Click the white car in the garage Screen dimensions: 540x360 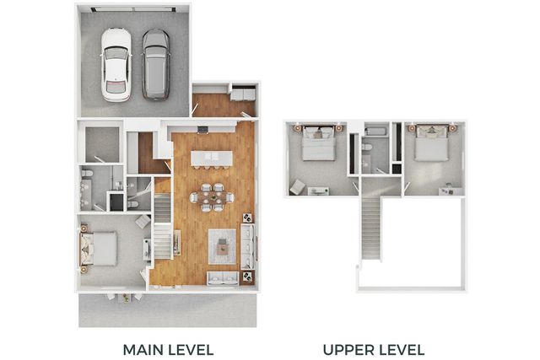click(x=116, y=65)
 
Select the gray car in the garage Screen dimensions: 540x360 click(x=155, y=65)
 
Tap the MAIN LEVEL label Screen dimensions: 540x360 click(x=168, y=350)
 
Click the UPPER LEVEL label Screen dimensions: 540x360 click(x=374, y=350)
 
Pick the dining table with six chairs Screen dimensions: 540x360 click(x=212, y=197)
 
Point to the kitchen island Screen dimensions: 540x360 click(x=212, y=159)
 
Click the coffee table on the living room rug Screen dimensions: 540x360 click(x=222, y=246)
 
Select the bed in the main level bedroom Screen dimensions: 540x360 click(x=99, y=249)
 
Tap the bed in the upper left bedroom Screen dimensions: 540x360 click(x=319, y=143)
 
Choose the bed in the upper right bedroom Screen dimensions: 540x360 click(x=431, y=143)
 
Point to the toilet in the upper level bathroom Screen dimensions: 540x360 click(x=367, y=148)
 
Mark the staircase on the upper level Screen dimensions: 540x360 click(x=370, y=227)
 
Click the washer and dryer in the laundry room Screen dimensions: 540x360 click(x=243, y=94)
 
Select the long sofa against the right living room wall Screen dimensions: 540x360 click(x=247, y=246)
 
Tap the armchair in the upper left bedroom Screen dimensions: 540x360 click(x=297, y=187)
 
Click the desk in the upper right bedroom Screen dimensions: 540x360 click(x=451, y=191)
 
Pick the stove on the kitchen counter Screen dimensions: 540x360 click(x=202, y=130)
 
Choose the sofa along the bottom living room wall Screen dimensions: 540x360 click(x=223, y=278)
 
